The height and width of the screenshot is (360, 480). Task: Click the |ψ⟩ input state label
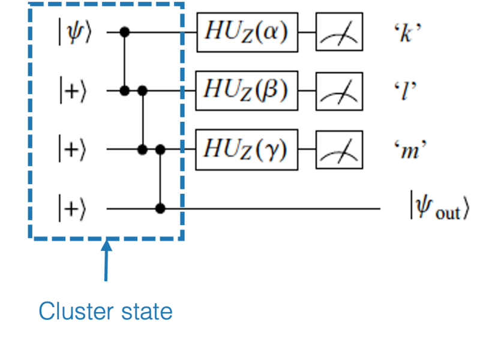[x=75, y=32]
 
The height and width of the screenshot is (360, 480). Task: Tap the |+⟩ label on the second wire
[x=73, y=91]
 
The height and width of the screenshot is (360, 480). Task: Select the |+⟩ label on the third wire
[x=72, y=149]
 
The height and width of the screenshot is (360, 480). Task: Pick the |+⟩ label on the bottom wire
[x=72, y=208]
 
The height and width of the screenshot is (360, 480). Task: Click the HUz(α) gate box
[x=247, y=32]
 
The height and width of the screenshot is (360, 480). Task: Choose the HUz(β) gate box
[x=247, y=91]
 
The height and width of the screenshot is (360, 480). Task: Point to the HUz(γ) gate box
[x=247, y=149]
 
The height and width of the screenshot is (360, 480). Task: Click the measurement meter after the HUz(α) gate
[x=339, y=32]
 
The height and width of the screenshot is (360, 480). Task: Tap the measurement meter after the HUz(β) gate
[x=339, y=91]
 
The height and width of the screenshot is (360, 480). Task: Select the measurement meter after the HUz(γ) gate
[x=339, y=149]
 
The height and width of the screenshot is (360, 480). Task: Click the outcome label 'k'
[x=407, y=33]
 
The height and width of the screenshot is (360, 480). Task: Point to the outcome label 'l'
[x=405, y=91]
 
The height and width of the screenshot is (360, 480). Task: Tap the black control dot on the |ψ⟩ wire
[x=124, y=32]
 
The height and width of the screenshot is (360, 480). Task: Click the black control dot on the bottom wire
[x=160, y=208]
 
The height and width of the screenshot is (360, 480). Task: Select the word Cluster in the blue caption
[x=76, y=311]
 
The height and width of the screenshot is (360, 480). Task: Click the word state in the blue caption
[x=147, y=312]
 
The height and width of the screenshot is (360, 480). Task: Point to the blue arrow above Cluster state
[x=106, y=261]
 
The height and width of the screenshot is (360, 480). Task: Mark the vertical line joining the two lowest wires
[x=160, y=179]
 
